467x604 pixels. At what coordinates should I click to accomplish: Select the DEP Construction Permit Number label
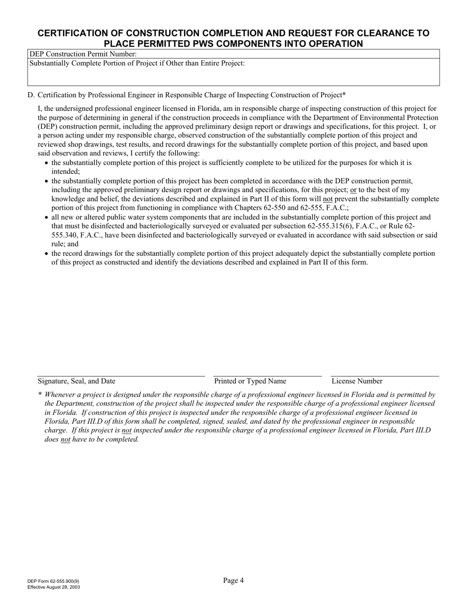tap(83, 54)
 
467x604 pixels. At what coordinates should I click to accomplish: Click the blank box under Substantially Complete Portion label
tap(233, 77)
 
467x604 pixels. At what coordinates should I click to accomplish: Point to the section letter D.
tap(30, 95)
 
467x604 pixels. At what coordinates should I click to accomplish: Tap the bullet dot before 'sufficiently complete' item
tap(47, 163)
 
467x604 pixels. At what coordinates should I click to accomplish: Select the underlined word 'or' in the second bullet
tap(353, 190)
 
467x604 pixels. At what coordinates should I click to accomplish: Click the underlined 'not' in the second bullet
tap(328, 199)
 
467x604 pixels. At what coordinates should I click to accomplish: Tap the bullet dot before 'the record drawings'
tap(47, 254)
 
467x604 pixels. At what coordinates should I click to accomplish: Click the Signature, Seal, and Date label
tap(77, 381)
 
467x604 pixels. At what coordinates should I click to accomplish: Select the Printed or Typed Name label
tap(250, 381)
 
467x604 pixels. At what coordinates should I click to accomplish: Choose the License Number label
tap(357, 381)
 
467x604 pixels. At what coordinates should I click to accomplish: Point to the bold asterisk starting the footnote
tap(40, 394)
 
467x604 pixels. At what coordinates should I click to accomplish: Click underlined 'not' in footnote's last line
tap(65, 439)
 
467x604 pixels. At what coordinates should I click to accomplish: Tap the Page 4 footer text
tap(233, 580)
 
